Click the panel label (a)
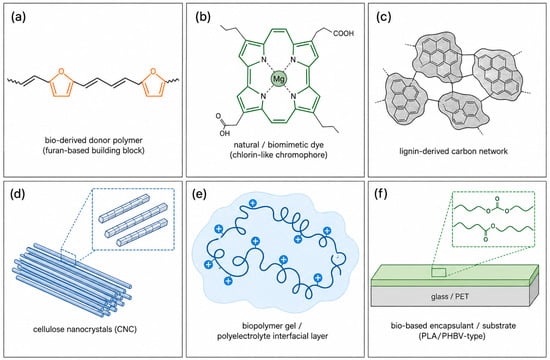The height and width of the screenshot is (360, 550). coord(18,17)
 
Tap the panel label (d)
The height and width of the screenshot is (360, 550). coord(18,194)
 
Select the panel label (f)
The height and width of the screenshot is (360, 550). coord(381,194)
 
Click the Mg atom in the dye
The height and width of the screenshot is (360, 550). coord(279,78)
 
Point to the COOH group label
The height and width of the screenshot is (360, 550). coord(343,34)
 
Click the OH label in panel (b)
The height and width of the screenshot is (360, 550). coord(224,133)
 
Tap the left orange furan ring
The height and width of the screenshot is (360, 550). coord(61,83)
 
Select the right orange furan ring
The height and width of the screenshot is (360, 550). coord(153,83)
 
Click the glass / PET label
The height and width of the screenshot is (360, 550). coord(450,296)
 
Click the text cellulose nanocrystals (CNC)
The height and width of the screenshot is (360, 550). coord(85,329)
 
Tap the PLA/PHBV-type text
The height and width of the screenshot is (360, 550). coord(452,336)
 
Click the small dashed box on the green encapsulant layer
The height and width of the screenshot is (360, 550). coord(438,272)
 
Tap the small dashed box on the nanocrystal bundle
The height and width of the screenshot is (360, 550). coord(68,256)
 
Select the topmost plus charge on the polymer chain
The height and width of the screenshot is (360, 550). coord(252,203)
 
